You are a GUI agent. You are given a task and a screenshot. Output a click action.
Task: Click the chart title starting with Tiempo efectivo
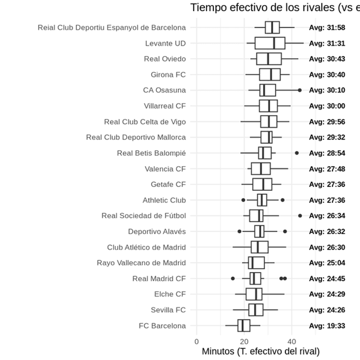pyautogui.click(x=275, y=7)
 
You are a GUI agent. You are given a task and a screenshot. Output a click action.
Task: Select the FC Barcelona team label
pyautogui.click(x=162, y=325)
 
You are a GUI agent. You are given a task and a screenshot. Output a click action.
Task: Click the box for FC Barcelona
pyautogui.click(x=244, y=325)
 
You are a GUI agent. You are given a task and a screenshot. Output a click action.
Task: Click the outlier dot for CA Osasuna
pyautogui.click(x=300, y=90)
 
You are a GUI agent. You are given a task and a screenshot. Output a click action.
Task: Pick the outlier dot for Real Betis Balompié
pyautogui.click(x=297, y=153)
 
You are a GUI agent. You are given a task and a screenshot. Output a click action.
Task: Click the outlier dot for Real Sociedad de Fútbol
pyautogui.click(x=300, y=216)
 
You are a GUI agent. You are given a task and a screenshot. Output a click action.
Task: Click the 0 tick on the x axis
pyautogui.click(x=197, y=340)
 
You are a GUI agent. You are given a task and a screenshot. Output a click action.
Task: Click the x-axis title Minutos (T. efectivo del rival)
pyautogui.click(x=260, y=352)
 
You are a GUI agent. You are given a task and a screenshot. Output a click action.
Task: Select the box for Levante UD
pyautogui.click(x=270, y=43)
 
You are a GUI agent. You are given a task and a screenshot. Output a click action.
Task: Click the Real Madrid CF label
pyautogui.click(x=159, y=278)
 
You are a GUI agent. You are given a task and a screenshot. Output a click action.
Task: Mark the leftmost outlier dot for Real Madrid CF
pyautogui.click(x=233, y=278)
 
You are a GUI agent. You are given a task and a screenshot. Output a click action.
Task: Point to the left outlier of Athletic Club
pyautogui.click(x=243, y=200)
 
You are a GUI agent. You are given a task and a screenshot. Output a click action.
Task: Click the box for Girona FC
pyautogui.click(x=270, y=74)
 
